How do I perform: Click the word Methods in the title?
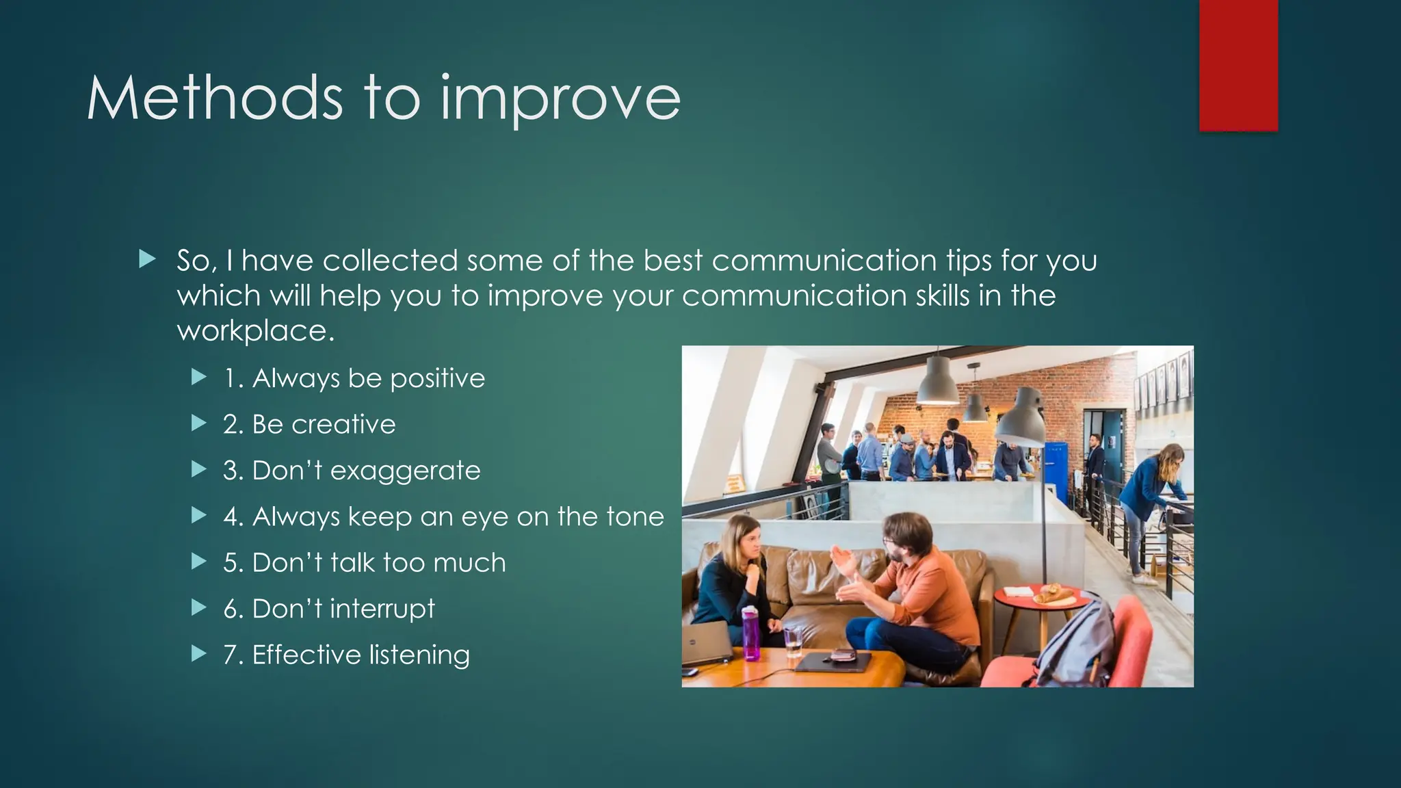[x=214, y=98]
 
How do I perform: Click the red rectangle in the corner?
[x=1238, y=65]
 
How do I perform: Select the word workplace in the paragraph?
[x=255, y=331]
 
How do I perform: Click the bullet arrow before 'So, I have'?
[x=147, y=259]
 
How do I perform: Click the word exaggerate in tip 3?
[x=405, y=471]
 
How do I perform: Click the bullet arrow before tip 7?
[x=199, y=654]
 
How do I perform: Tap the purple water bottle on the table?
[x=750, y=633]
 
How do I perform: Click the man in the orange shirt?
[x=923, y=588]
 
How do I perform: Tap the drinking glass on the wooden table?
[x=793, y=642]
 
